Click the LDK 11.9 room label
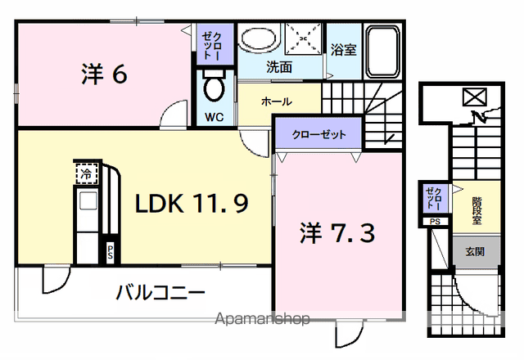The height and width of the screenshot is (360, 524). [x=192, y=204]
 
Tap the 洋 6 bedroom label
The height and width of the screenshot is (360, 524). [x=104, y=74]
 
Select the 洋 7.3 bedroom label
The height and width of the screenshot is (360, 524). [x=337, y=232]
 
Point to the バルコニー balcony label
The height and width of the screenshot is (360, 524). [x=160, y=293]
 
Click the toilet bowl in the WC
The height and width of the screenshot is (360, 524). [x=214, y=85]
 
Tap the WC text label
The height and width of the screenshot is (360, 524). [x=215, y=117]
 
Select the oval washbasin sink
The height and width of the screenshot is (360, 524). [x=259, y=38]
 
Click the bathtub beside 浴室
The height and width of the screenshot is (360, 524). [x=383, y=52]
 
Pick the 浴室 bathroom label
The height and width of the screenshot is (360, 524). [x=344, y=50]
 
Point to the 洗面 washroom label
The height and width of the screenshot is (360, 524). [x=279, y=67]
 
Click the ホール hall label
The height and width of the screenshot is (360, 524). [x=277, y=101]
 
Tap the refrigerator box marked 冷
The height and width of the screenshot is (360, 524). [x=87, y=173]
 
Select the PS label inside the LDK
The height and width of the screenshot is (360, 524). [x=110, y=253]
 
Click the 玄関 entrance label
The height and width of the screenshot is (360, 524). [x=475, y=251]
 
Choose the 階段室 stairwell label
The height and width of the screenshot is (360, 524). [x=477, y=211]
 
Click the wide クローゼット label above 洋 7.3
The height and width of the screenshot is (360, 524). [x=319, y=134]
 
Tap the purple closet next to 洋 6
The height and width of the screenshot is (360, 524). [x=215, y=43]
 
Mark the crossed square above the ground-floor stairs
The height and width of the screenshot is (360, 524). [x=475, y=97]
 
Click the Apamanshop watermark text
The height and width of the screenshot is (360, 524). [x=262, y=319]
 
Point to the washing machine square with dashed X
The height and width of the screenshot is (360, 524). [x=303, y=38]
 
